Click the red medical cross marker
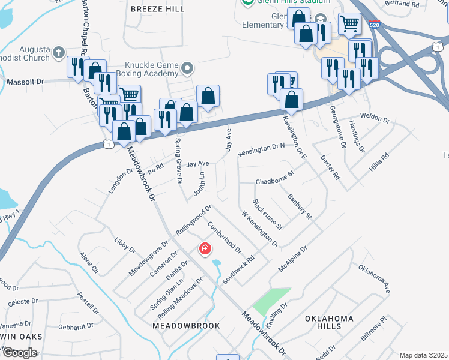click(205, 248)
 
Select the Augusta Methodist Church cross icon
click(58, 52)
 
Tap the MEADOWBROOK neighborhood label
click(178, 325)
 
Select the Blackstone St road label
click(268, 214)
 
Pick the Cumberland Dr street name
click(224, 237)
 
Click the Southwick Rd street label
click(238, 271)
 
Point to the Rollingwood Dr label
click(193, 220)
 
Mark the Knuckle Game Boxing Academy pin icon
click(187, 68)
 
